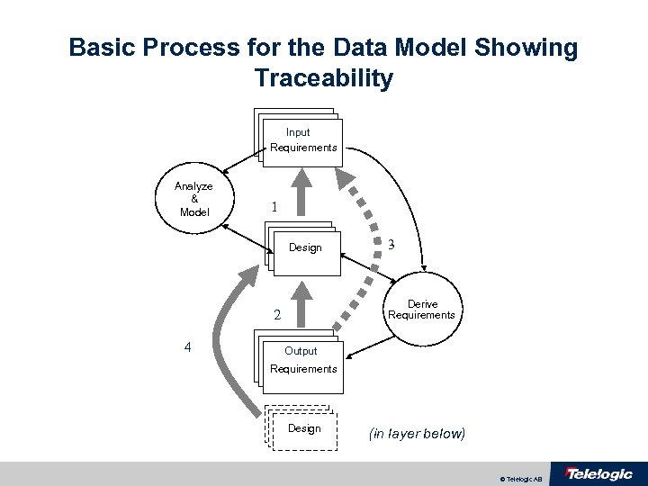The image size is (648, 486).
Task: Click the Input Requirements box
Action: pyautogui.click(x=303, y=140)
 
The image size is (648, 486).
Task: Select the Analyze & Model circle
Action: pyautogui.click(x=194, y=199)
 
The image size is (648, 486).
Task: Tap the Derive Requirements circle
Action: pyautogui.click(x=421, y=310)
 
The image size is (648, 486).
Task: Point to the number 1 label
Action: pyautogui.click(x=274, y=206)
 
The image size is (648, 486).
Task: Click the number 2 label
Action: pyautogui.click(x=277, y=316)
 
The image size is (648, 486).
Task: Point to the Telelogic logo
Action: pyautogui.click(x=598, y=474)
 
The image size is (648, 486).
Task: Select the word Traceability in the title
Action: pyautogui.click(x=324, y=78)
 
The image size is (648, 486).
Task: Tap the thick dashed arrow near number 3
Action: pyautogui.click(x=360, y=243)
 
